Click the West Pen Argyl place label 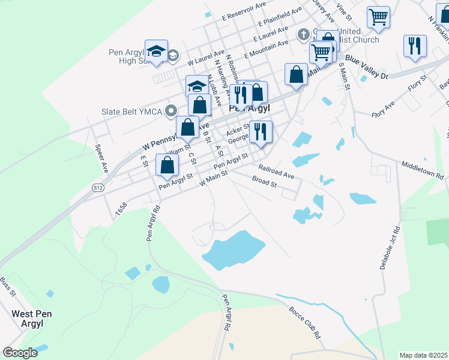[28, 319]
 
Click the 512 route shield [98, 188]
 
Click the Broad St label [264, 182]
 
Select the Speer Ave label [100, 155]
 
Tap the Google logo [20, 353]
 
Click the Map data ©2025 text [423, 355]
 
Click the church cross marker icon [303, 34]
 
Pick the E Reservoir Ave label [243, 6]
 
